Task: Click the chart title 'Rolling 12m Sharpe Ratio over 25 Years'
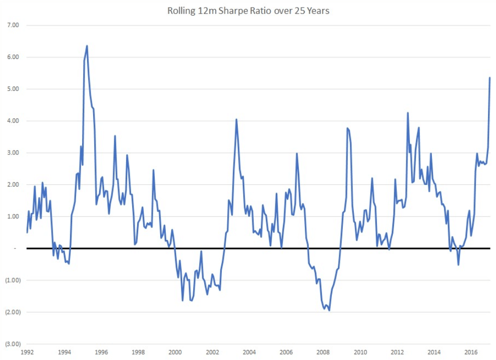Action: (248, 10)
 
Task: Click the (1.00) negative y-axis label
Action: (11, 280)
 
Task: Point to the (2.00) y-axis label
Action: (11, 312)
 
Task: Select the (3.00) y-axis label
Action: (11, 344)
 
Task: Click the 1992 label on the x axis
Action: (27, 352)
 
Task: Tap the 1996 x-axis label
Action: (101, 352)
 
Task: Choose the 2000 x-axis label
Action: (175, 352)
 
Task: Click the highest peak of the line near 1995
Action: (87, 46)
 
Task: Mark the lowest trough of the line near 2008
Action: (329, 310)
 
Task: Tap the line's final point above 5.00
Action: (489, 77)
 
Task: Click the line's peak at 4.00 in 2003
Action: (236, 119)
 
